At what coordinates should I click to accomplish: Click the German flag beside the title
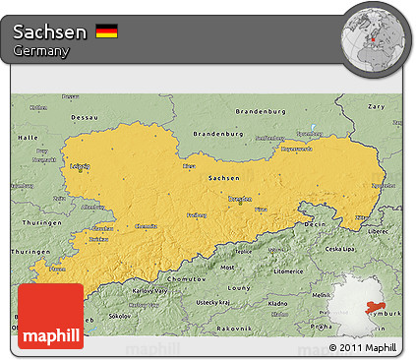pos(107,31)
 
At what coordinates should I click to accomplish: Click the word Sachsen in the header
pos(50,31)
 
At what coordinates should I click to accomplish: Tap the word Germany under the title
pos(41,51)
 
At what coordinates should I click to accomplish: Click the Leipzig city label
pos(81,166)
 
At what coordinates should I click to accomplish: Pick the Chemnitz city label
pos(146,225)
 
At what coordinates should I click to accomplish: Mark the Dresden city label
pos(240,199)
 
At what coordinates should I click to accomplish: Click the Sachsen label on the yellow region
pos(222,177)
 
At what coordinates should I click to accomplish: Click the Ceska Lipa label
pos(340,248)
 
